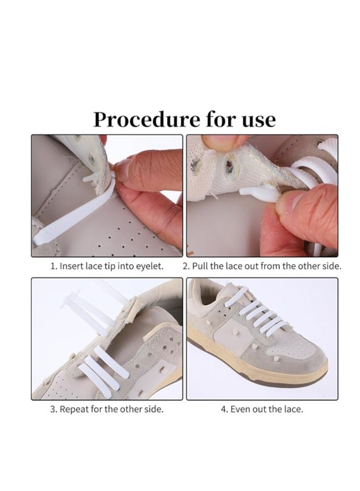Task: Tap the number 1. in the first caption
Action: (54, 266)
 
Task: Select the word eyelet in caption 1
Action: (151, 266)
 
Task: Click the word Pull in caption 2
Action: (200, 266)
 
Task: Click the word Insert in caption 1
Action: (71, 266)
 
